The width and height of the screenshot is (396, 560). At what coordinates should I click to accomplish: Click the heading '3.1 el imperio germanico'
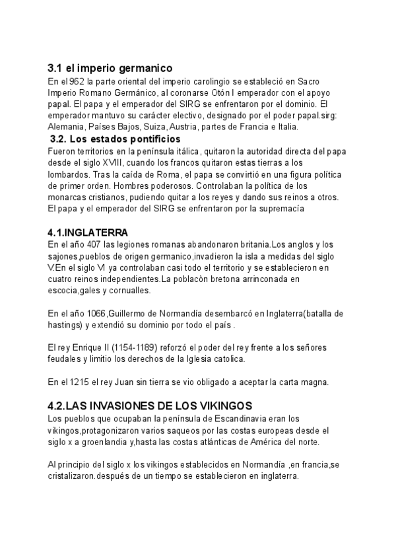pyautogui.click(x=110, y=68)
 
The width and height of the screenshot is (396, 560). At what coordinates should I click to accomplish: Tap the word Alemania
pyautogui.click(x=66, y=127)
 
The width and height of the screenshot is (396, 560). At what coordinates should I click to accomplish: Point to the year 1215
pyautogui.click(x=91, y=382)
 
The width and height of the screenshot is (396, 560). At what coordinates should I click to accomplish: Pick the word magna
pyautogui.click(x=291, y=382)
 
